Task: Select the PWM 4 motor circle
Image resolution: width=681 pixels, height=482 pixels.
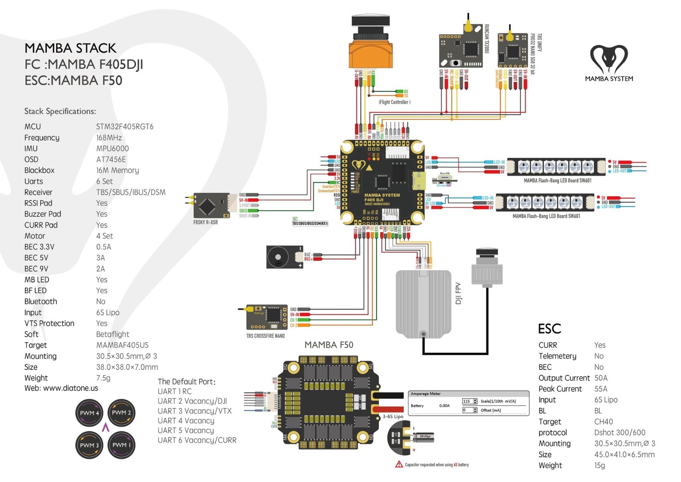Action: [x=89, y=413]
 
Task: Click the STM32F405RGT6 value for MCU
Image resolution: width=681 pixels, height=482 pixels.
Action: [x=125, y=127]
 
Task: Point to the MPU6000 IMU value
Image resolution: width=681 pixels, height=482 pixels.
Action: [x=112, y=149]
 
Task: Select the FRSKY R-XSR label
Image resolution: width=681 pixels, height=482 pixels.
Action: [x=205, y=222]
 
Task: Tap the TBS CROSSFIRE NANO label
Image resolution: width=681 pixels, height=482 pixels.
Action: [x=265, y=336]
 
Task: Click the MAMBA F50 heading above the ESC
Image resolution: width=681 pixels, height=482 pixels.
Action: [x=329, y=345]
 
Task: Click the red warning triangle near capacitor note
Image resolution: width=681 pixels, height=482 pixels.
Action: [x=399, y=464]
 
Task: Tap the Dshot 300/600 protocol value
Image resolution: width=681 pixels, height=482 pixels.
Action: [x=620, y=433]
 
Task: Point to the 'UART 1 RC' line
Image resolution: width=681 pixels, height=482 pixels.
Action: [x=175, y=391]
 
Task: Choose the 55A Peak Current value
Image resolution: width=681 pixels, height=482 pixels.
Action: [x=601, y=389]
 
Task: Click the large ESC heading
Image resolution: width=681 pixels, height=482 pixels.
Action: [x=549, y=329]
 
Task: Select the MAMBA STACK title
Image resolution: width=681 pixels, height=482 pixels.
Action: [x=70, y=48]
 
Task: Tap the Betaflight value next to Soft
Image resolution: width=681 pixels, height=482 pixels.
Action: [x=113, y=334]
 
